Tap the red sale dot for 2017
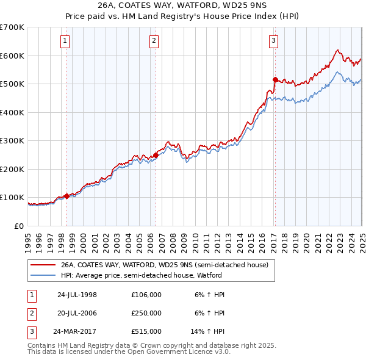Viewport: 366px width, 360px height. point(275,79)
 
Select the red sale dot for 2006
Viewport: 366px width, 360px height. point(156,155)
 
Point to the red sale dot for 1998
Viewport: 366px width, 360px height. point(66,196)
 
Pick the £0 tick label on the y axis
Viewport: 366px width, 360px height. point(18,226)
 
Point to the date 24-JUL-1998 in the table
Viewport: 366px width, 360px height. point(77,295)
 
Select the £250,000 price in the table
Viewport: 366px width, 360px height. point(146,313)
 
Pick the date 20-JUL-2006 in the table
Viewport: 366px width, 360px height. point(77,313)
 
